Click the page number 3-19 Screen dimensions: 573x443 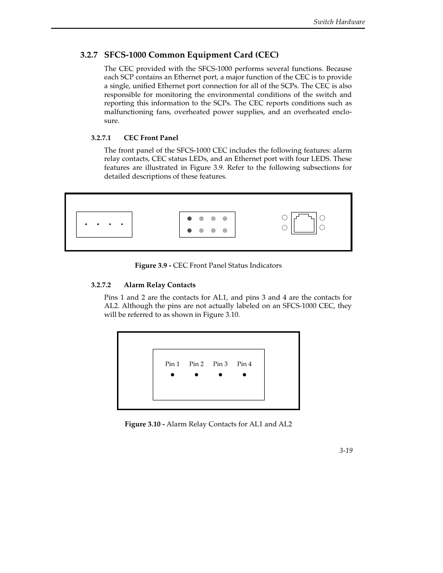(x=345, y=451)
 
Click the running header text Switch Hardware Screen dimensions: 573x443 (x=339, y=22)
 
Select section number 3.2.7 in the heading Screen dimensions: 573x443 (x=88, y=55)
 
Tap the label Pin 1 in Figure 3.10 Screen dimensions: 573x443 (x=172, y=364)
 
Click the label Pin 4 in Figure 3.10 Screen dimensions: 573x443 (x=244, y=364)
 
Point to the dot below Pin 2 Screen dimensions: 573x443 (x=196, y=375)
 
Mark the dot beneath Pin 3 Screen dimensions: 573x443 (x=220, y=375)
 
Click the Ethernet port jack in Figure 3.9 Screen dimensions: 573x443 (x=304, y=223)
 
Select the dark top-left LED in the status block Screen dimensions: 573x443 (x=189, y=219)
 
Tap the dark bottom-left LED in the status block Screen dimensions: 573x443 (x=189, y=231)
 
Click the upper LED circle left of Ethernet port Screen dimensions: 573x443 (x=285, y=218)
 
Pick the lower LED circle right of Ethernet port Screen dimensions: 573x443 (x=322, y=228)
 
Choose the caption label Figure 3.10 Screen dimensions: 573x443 (x=144, y=424)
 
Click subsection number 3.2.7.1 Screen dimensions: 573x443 (x=100, y=138)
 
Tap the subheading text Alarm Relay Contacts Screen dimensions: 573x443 (x=159, y=285)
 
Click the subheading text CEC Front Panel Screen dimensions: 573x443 (x=151, y=138)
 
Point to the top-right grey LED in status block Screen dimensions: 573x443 (x=225, y=219)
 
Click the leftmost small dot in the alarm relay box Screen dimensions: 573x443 (x=86, y=225)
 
